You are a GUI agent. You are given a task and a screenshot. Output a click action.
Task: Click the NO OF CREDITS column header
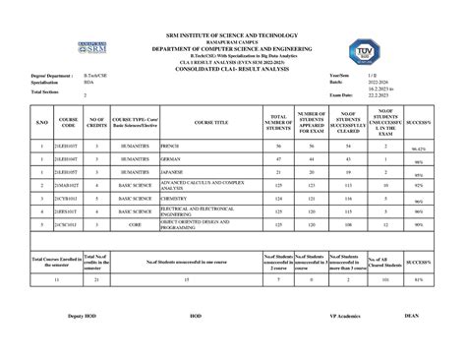tap(97, 122)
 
